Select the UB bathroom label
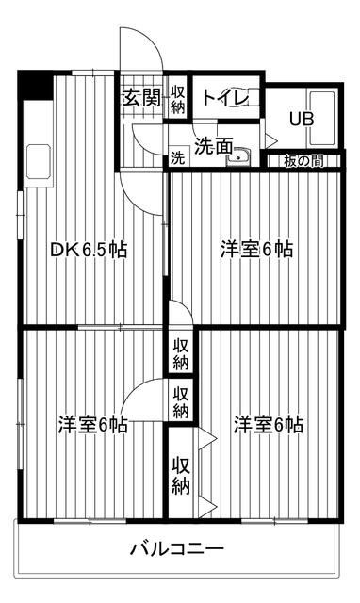click(302, 120)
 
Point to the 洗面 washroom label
click(214, 146)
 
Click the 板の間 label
click(303, 161)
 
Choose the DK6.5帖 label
click(89, 250)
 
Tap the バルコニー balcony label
click(176, 548)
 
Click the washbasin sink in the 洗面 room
click(239, 157)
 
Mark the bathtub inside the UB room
click(322, 119)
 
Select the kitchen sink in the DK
click(38, 161)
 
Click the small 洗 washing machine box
click(177, 157)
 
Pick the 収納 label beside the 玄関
click(178, 100)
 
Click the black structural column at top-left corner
click(36, 85)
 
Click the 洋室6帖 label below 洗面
click(256, 250)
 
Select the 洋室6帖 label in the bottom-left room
click(93, 425)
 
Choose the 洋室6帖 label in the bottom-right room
click(269, 425)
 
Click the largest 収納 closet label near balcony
click(180, 476)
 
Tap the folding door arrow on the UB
click(270, 140)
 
